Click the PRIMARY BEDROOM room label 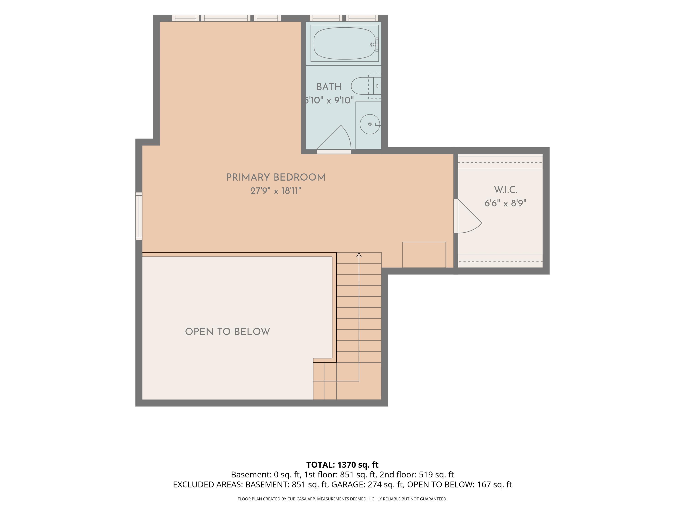pos(276,177)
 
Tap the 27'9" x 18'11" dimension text pos(276,191)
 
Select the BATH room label pos(329,87)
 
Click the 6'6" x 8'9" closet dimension pos(505,203)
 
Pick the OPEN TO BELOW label pos(228,332)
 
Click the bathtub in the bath pos(344,44)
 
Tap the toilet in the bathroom pos(366,86)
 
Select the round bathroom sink pos(370,124)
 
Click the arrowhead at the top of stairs pos(359,255)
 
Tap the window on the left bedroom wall pos(139,216)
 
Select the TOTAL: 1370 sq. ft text pos(342,465)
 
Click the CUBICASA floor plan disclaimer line pos(342,499)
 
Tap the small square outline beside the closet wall pos(424,255)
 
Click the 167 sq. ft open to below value pos(495,484)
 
